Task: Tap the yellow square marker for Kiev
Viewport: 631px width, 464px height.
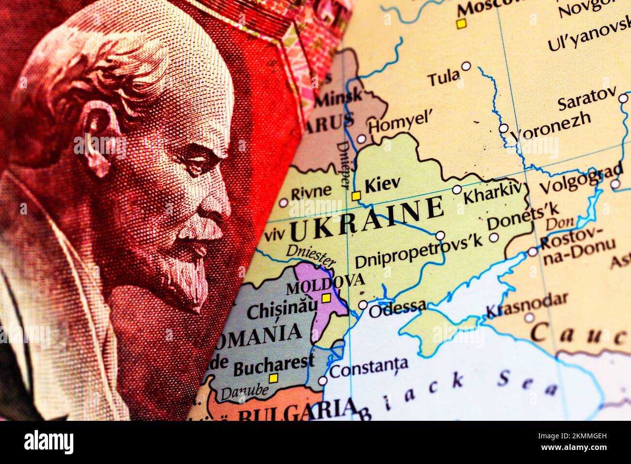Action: (x=356, y=196)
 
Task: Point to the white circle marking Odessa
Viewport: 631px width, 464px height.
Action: (x=363, y=305)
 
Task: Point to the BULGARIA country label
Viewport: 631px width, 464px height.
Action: (x=296, y=413)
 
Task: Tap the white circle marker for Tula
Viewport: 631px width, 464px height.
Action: (x=466, y=66)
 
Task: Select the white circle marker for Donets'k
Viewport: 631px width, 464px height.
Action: (x=494, y=237)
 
